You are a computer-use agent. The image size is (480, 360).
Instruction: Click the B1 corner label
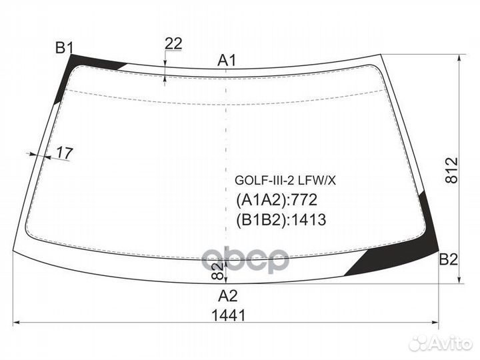pos(65,48)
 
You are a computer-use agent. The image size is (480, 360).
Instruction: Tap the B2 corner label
pos(448,259)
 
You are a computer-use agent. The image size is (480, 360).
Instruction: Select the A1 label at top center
pos(227,60)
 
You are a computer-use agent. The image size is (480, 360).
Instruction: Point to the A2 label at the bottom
pos(228,296)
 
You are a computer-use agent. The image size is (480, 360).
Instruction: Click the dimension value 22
pos(173,44)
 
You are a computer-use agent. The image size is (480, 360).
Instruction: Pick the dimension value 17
pos(65,153)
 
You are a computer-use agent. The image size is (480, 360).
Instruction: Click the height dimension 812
pos(451,170)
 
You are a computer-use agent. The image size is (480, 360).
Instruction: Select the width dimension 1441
pos(229,315)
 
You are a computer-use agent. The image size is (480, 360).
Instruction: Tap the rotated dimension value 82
pos(217,271)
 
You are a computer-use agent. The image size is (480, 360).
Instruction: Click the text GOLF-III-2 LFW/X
pos(285,181)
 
